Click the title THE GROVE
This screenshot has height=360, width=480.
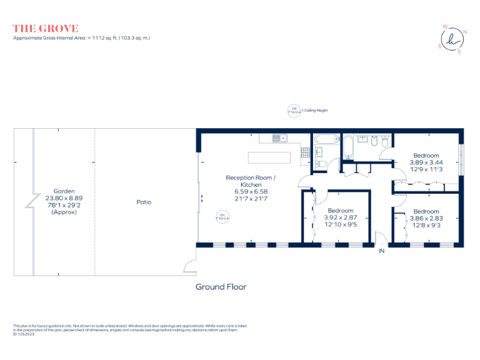pos(46,28)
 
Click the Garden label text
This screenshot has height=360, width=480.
pos(64,191)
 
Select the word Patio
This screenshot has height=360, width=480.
pos(144,202)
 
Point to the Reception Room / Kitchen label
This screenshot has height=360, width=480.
pos(250,181)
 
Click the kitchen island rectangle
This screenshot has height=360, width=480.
pos(269,157)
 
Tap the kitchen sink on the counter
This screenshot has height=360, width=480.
pos(278,137)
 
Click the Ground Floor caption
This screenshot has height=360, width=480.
pos(221,287)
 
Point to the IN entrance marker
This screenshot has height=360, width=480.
pos(381,251)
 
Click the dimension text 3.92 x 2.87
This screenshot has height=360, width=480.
pos(341,217)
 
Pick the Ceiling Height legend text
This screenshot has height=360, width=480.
pos(316,111)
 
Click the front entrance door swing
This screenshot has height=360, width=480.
pos(379,238)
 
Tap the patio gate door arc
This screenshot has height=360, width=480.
pos(190,266)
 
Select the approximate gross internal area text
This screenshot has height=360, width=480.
pos(81,38)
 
